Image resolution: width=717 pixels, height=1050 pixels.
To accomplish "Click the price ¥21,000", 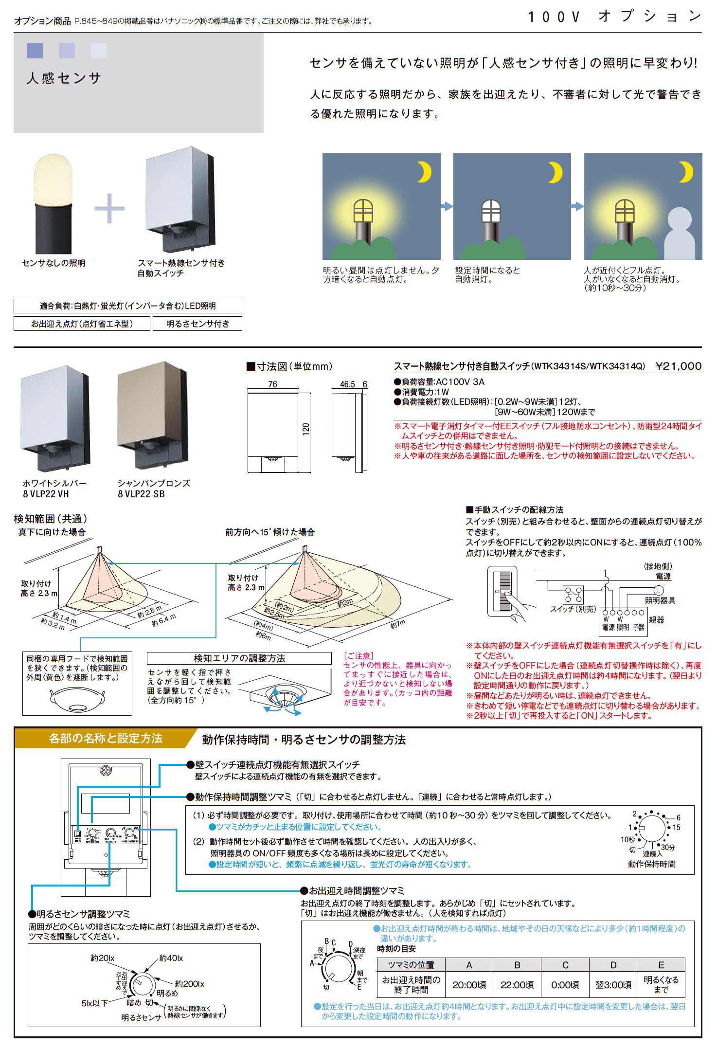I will coord(678,366).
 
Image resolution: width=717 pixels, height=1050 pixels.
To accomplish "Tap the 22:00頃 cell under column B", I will coord(517,985).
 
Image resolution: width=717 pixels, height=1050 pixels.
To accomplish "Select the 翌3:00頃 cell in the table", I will coord(613,985).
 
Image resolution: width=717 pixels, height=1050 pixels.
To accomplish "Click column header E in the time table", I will coord(661,965).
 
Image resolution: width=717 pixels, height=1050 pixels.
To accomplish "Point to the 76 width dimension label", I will coord(272,384).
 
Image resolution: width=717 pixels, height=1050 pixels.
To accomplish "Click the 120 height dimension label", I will coord(306,429).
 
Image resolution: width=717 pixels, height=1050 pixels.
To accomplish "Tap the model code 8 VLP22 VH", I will coord(46,494).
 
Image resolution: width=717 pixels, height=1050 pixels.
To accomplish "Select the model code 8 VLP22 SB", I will coord(141,494).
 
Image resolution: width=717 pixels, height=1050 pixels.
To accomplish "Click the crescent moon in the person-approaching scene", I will coord(686,172).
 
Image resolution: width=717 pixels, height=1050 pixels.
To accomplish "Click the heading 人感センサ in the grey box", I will coord(64,78).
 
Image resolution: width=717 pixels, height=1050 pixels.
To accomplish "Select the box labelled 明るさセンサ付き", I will coord(197,324).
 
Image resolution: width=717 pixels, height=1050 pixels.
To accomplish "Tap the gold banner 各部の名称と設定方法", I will coord(106,739).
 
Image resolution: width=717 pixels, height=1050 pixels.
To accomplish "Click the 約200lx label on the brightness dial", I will coord(189,984).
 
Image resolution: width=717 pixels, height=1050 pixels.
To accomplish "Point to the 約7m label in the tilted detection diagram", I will coord(397,624).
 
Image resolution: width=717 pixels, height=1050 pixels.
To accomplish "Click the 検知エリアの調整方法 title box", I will coord(239,658).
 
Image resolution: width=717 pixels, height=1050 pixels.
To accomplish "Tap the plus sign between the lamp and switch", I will coord(109,208).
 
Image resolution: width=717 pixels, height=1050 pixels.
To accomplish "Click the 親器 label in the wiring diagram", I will coord(656,620).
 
